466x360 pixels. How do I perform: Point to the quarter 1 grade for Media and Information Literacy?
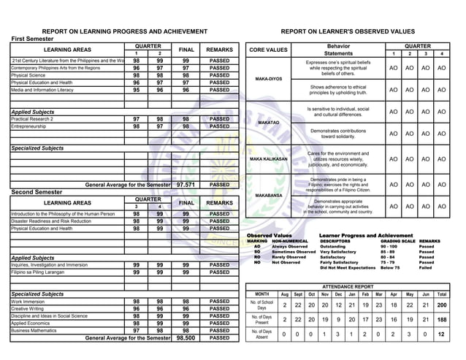click(137, 90)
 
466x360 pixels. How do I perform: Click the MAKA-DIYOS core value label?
click(269, 79)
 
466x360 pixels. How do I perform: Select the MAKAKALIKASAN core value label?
click(269, 158)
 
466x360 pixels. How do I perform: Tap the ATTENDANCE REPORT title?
click(347, 287)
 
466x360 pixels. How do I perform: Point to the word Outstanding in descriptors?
click(334, 247)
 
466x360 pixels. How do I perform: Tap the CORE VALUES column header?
click(269, 50)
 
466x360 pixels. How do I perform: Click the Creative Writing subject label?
click(31, 309)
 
